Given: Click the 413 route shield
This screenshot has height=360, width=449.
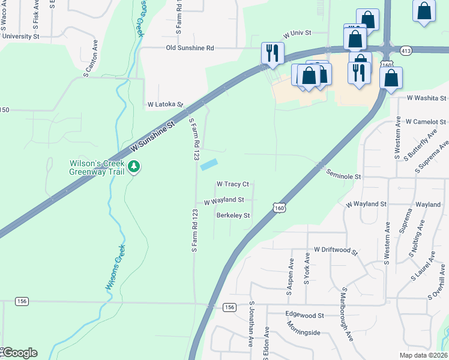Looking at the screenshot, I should pos(406,51).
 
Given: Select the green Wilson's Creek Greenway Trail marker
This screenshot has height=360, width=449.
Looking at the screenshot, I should pos(135,167).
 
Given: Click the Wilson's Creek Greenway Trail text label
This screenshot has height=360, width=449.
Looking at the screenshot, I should pos(97,167).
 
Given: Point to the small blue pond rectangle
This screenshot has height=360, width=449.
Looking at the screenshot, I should pos(208,164).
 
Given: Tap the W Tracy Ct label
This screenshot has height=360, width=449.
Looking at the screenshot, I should pos(232,184).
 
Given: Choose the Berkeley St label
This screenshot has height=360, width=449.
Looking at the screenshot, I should pos(233,215).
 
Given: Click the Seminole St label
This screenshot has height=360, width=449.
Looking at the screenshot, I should pos(343,177).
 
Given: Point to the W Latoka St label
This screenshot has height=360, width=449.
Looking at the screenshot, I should pos(165,104).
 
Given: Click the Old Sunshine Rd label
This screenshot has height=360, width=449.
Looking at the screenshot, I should pos(190,48).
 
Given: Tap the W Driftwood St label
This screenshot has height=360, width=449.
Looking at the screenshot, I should pos(336,250).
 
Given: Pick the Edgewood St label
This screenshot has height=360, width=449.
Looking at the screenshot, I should pos(304,315).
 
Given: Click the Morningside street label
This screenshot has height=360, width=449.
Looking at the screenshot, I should pos(303,332).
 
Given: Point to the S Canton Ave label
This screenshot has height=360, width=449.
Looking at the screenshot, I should pos(91,59).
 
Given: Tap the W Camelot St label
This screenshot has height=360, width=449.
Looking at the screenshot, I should pos(426,122).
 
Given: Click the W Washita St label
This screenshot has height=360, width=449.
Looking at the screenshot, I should pos(427,97).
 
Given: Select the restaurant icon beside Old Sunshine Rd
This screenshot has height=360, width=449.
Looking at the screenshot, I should pos(273,52).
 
